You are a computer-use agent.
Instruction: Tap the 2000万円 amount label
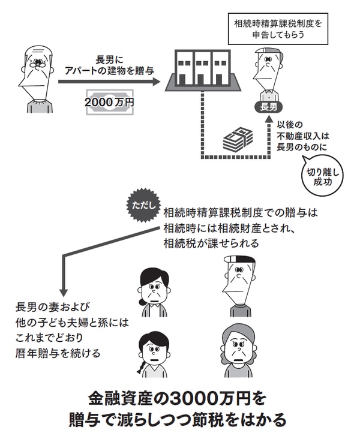pos(109,103)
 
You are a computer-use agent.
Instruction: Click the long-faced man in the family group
pos(238,282)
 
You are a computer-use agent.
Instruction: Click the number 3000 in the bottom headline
pos(191,398)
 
